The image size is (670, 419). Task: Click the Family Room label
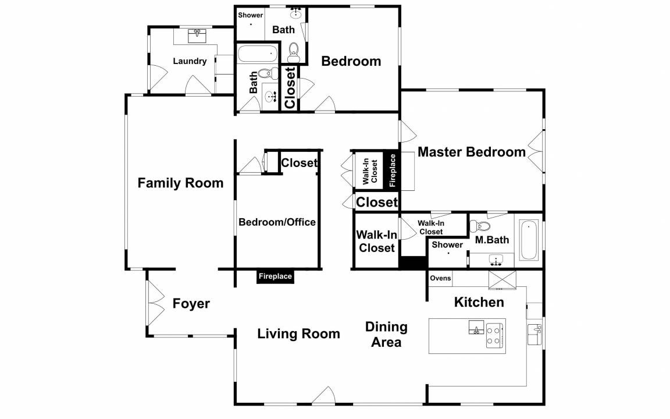click(x=180, y=183)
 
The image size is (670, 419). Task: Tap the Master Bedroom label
click(x=471, y=152)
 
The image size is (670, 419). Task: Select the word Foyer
click(x=191, y=304)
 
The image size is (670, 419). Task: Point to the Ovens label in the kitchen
click(x=440, y=278)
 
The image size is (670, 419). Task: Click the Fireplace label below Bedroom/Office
click(x=275, y=276)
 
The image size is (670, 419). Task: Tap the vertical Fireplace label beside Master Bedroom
click(x=392, y=170)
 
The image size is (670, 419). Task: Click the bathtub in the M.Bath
click(x=529, y=240)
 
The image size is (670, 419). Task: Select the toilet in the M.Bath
click(x=479, y=226)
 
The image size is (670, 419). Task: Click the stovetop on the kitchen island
click(x=494, y=335)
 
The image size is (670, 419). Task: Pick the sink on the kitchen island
click(x=476, y=328)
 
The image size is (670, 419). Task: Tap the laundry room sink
click(x=197, y=35)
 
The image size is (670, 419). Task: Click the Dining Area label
click(x=386, y=335)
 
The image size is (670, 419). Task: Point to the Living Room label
click(x=299, y=333)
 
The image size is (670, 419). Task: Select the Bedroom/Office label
click(x=277, y=222)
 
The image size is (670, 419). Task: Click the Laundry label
click(x=190, y=61)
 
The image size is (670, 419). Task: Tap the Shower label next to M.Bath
click(x=447, y=244)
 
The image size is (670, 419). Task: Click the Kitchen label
click(x=479, y=302)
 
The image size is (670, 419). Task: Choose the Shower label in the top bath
click(x=251, y=15)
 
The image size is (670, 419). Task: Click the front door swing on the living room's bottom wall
click(x=323, y=395)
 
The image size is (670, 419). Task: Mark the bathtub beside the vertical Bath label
click(x=257, y=54)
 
